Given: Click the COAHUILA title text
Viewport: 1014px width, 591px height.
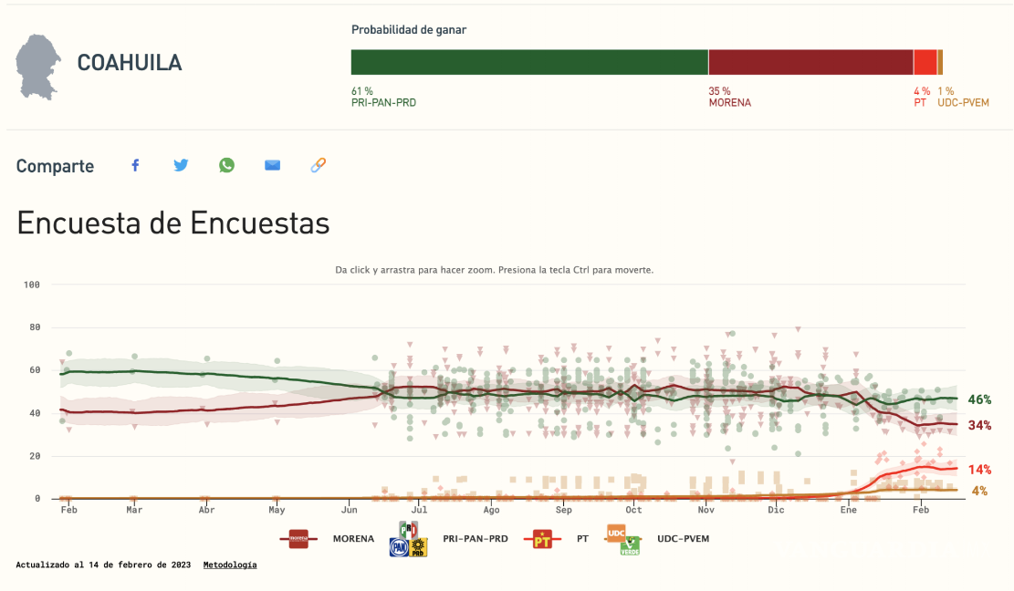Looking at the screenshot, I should point(130,63).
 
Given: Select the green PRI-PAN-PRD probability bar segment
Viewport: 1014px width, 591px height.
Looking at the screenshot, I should point(529,62).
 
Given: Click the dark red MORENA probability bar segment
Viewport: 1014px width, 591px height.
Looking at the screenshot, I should point(810,62).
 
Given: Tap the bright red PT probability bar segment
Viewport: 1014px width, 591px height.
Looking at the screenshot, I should point(925,62).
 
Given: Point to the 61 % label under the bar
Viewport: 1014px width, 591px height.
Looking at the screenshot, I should point(362,91).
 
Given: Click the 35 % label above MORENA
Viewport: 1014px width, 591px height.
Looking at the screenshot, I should point(719,91).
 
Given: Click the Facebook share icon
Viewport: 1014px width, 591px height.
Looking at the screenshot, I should point(135,165).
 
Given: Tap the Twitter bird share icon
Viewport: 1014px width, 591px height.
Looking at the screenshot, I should point(181,165).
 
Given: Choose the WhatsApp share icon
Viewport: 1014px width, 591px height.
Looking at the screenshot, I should point(226,165).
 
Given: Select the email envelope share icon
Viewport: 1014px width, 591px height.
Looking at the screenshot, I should point(272,165).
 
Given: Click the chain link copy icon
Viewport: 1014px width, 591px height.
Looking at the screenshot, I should point(318,165).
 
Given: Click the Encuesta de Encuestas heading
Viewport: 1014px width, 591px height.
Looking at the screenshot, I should point(173,223).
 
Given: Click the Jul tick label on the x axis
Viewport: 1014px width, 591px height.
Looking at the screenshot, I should point(419,511).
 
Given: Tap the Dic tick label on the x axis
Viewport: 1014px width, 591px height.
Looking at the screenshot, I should point(777,511).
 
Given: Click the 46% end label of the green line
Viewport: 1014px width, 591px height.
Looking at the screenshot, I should point(979,399).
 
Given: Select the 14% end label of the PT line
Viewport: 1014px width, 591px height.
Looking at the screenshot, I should point(979,470).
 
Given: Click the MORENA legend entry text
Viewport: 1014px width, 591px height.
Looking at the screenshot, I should point(353,539).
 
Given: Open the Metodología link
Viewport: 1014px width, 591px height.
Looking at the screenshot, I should point(230,565).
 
